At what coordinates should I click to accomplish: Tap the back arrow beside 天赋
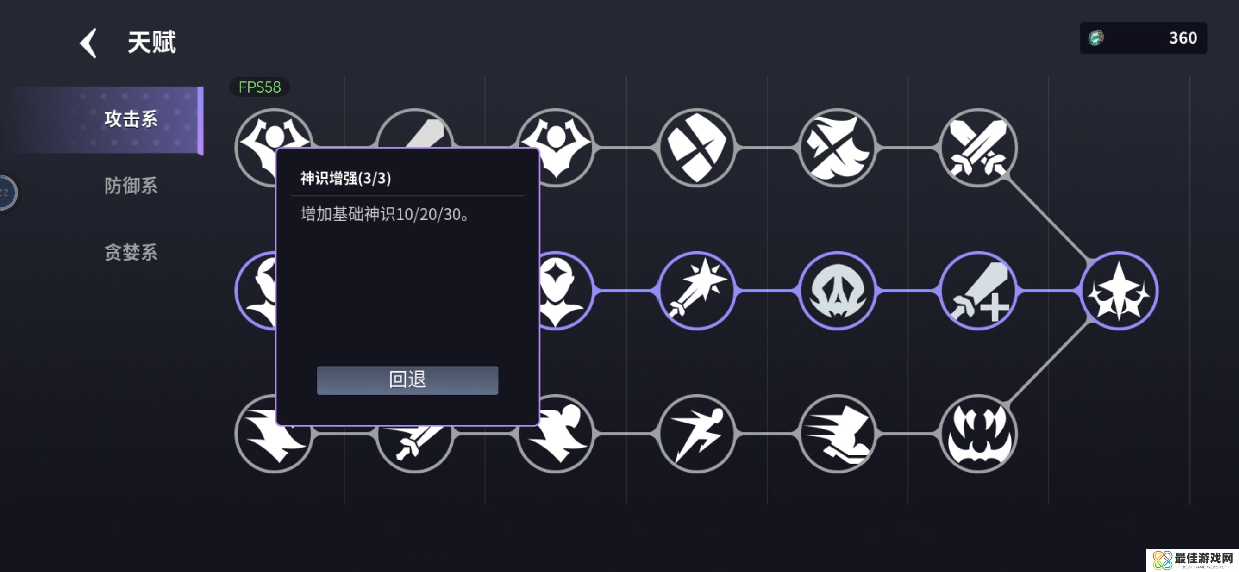(x=88, y=43)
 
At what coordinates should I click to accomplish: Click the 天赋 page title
(x=151, y=42)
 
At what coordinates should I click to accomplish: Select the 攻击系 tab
(x=131, y=119)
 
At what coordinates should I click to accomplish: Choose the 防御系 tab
(x=131, y=186)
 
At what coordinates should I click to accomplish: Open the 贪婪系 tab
(x=131, y=252)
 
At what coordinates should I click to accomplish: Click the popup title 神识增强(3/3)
(x=345, y=178)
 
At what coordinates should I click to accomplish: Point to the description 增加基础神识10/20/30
(x=384, y=214)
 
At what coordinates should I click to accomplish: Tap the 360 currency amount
(x=1183, y=38)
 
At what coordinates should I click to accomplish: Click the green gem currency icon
(x=1096, y=38)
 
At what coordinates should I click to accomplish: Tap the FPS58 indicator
(x=260, y=87)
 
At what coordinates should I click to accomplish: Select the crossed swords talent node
(x=978, y=148)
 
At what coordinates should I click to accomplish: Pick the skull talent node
(x=838, y=291)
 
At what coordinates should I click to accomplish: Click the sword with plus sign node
(x=978, y=291)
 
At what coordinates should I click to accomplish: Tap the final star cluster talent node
(x=1119, y=291)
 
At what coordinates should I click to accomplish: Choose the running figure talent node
(x=697, y=434)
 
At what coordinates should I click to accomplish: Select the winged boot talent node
(x=838, y=434)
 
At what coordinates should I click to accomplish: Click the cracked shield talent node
(x=697, y=148)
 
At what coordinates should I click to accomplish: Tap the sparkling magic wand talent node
(x=697, y=291)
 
